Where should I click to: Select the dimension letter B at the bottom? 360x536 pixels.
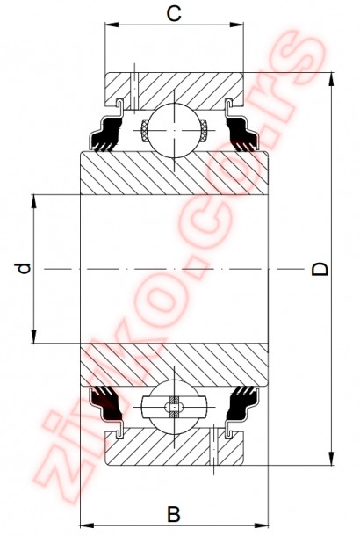click(174, 512)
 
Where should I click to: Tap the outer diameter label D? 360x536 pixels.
click(321, 268)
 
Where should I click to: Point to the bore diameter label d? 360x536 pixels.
click(25, 267)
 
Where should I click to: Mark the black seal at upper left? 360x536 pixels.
click(107, 136)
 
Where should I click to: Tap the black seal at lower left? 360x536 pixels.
click(107, 402)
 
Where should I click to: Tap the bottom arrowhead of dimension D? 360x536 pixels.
click(333, 460)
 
